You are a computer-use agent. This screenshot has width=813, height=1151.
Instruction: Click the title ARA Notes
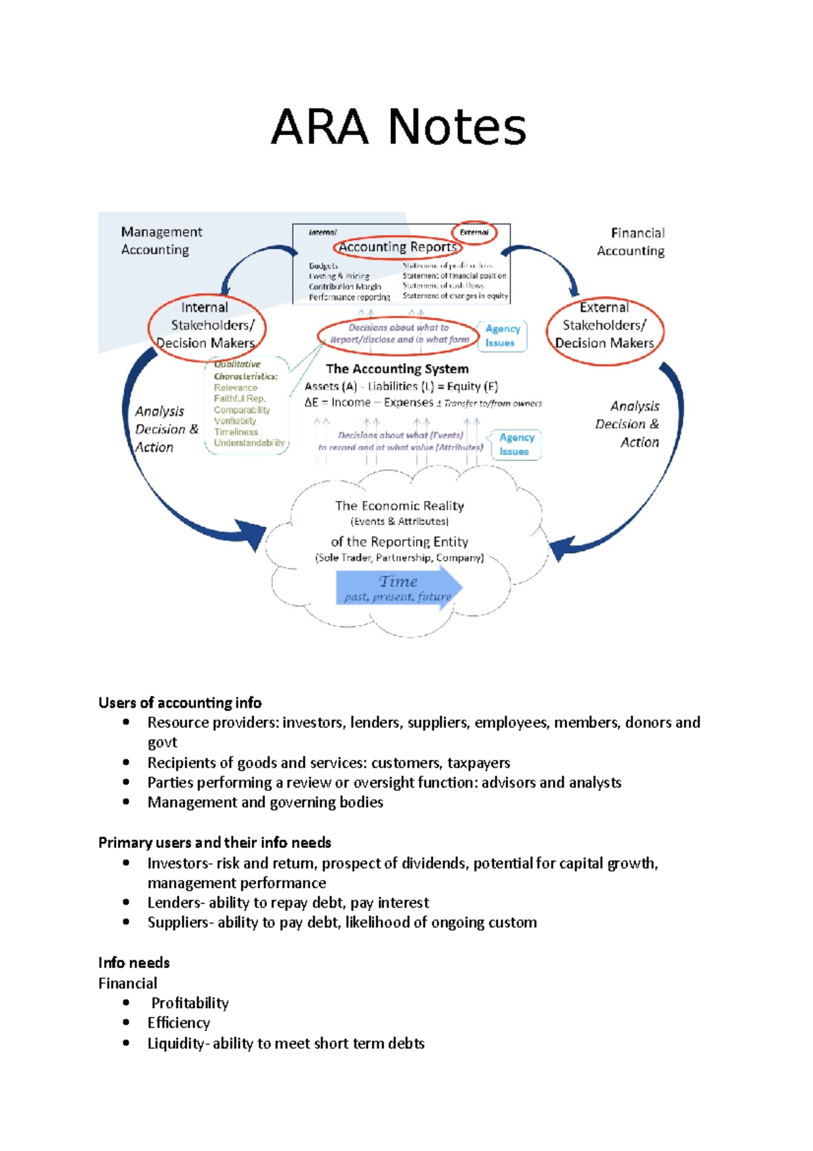[398, 127]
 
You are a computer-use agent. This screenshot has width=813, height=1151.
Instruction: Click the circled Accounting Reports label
[398, 247]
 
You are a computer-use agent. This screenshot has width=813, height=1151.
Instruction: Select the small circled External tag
[474, 233]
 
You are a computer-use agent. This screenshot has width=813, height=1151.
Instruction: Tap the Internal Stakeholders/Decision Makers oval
[206, 326]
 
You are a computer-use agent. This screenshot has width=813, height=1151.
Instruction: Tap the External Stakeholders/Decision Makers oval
[604, 326]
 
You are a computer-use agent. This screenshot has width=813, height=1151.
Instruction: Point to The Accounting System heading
[397, 369]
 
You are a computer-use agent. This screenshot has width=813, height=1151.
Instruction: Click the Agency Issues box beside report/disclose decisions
[502, 336]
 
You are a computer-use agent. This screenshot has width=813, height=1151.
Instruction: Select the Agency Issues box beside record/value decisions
[516, 445]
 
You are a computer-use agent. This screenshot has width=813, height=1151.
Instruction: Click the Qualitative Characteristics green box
[247, 405]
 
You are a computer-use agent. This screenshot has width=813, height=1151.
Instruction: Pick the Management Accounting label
[161, 241]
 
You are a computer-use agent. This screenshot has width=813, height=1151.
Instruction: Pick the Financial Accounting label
[631, 242]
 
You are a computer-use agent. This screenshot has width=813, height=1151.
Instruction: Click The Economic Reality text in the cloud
[399, 506]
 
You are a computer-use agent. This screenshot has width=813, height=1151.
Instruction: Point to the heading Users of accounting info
[180, 702]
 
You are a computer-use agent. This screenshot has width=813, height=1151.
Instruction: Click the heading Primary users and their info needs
[214, 843]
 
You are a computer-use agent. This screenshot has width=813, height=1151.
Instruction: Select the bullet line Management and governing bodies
[265, 803]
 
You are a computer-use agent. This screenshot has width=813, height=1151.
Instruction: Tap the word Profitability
[190, 1003]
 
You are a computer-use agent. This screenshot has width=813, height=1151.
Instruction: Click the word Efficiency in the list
[179, 1023]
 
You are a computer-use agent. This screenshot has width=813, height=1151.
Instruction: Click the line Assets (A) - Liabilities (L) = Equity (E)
[401, 386]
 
